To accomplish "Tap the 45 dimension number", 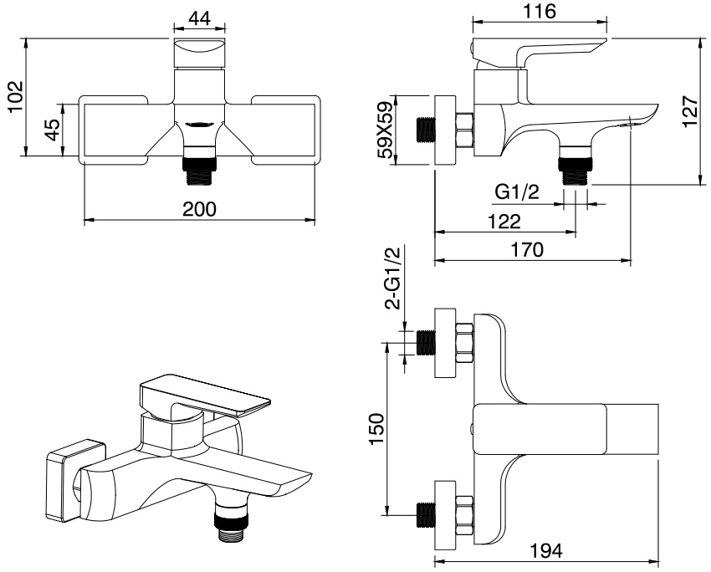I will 51,130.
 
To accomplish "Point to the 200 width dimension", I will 200,208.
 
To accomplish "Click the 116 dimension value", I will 539,12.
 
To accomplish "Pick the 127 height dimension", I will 689,110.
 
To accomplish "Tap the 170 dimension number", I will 529,249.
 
